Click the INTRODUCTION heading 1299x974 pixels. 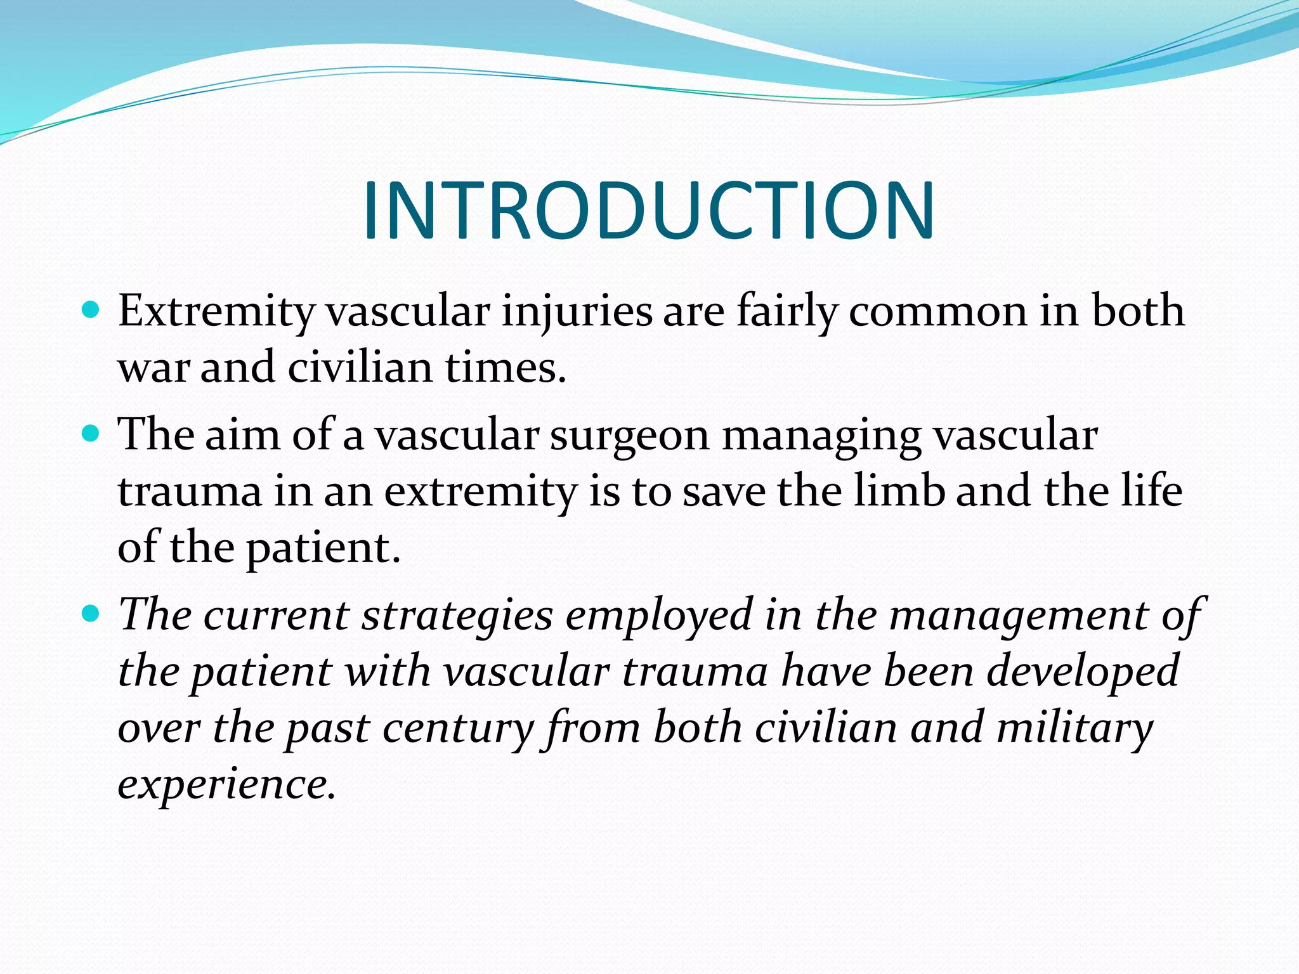click(x=648, y=211)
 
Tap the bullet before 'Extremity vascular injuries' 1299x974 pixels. click(x=91, y=311)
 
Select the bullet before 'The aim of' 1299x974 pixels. click(x=91, y=434)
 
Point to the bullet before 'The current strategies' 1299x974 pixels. click(x=91, y=614)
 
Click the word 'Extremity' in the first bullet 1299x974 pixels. click(x=216, y=313)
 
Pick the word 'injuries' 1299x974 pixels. click(x=577, y=313)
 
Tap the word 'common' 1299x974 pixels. click(x=937, y=313)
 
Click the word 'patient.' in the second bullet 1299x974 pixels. click(x=323, y=549)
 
